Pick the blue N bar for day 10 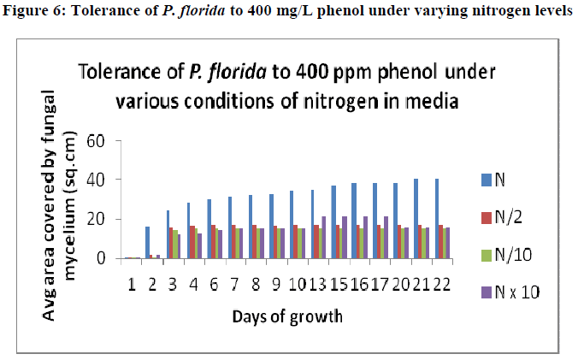(x=292, y=224)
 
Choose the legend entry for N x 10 (x=516, y=292)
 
